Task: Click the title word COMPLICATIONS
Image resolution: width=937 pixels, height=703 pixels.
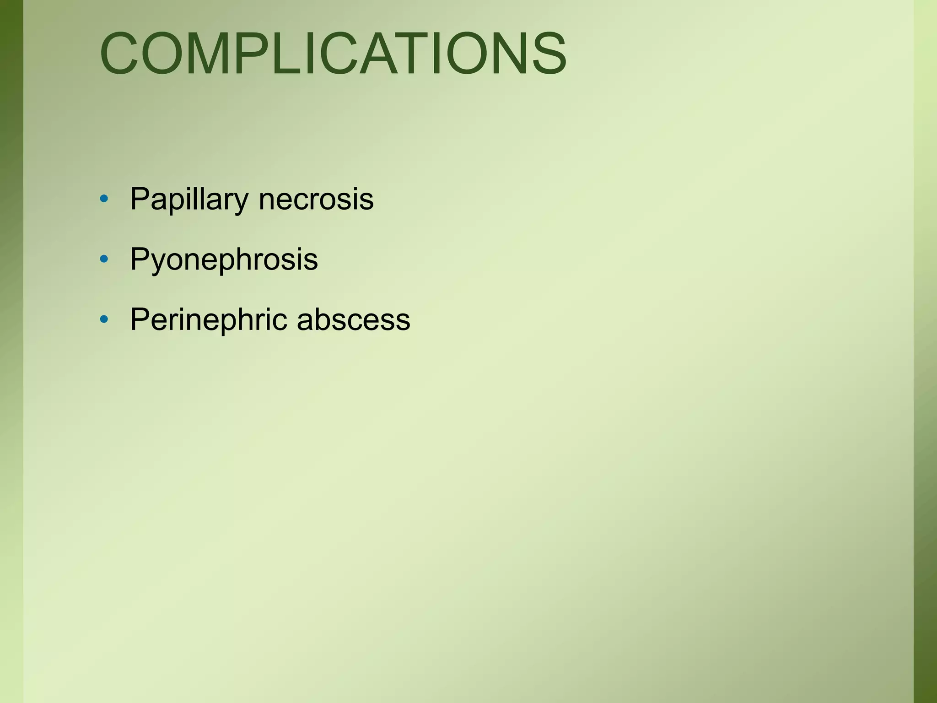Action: (x=333, y=53)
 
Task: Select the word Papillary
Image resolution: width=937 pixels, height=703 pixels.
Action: (x=189, y=200)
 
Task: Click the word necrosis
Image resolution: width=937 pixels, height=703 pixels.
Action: (x=316, y=200)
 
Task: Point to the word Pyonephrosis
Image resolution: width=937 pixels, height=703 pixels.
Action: (x=224, y=260)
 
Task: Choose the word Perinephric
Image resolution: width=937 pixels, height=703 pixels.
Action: (x=209, y=319)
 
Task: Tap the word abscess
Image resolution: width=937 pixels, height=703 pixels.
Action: (x=353, y=319)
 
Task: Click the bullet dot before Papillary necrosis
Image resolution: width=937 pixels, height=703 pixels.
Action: (x=104, y=199)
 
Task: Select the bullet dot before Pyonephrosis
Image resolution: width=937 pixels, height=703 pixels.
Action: (x=104, y=259)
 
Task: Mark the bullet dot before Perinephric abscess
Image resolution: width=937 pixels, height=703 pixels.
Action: (x=104, y=319)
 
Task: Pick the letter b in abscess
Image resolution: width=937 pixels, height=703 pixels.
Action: (x=322, y=319)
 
